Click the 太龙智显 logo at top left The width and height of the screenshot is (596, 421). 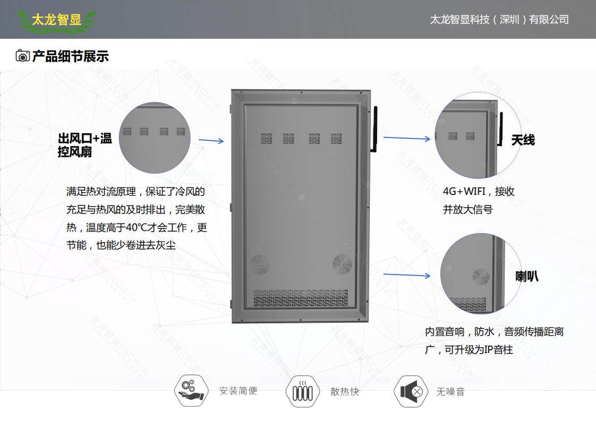pos(56,21)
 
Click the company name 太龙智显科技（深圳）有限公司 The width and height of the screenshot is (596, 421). pos(499,20)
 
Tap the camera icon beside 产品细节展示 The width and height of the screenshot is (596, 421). pos(22,56)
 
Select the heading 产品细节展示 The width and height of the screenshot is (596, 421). pos(71,56)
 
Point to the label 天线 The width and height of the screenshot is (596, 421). pos(523,140)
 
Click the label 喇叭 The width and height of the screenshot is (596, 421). pos(527,276)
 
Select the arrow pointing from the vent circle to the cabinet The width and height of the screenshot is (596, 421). pos(211,141)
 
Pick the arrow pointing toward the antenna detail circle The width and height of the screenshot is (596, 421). pos(406,139)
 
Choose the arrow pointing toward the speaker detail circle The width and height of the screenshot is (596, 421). pos(406,275)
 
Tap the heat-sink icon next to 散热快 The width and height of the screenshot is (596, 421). pos(303,392)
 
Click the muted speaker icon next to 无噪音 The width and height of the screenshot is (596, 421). pos(411,392)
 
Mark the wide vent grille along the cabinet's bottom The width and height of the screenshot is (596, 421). pos(301,299)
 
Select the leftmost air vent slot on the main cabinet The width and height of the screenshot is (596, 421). pos(266,139)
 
